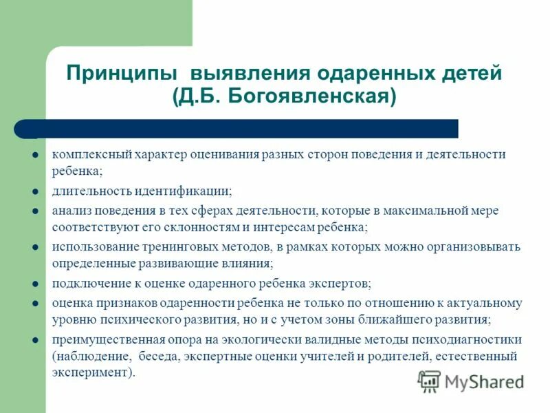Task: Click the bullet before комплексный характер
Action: pos(34,155)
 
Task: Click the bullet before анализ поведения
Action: pos(34,210)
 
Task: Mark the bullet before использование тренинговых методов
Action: pos(34,246)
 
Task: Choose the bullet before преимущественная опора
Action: pos(34,340)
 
